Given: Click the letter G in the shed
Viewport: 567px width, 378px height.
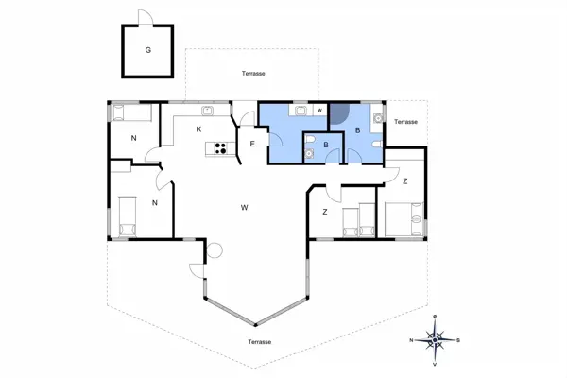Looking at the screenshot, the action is pyautogui.click(x=148, y=50).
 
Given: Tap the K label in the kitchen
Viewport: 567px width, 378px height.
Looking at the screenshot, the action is pyautogui.click(x=198, y=129).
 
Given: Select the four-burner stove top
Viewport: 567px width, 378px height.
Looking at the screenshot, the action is pyautogui.click(x=221, y=148).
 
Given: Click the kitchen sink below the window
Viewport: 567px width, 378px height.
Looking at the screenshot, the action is pyautogui.click(x=207, y=111).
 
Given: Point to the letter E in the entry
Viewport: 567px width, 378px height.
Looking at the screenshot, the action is pyautogui.click(x=252, y=144).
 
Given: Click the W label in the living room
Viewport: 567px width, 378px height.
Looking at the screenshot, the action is pyautogui.click(x=245, y=207).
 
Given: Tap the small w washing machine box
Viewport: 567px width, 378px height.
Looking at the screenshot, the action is pyautogui.click(x=319, y=110).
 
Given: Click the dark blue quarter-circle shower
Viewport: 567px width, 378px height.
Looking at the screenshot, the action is pyautogui.click(x=339, y=112).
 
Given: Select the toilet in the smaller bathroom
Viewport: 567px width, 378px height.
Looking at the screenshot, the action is pyautogui.click(x=308, y=139).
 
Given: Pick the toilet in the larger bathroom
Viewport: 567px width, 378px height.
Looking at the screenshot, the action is pyautogui.click(x=377, y=145).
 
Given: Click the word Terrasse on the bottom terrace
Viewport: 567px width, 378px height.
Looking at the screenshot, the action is pyautogui.click(x=260, y=342).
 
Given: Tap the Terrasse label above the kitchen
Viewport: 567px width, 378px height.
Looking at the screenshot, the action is pyautogui.click(x=253, y=74).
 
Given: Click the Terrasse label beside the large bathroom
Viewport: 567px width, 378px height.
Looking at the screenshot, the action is pyautogui.click(x=405, y=122).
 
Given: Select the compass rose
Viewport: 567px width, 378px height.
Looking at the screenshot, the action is pyautogui.click(x=435, y=340).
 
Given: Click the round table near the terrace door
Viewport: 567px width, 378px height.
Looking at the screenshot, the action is pyautogui.click(x=215, y=250).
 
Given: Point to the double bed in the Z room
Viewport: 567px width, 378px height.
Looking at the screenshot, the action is pyautogui.click(x=404, y=219).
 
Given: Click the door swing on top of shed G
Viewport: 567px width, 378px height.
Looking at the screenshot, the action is pyautogui.click(x=145, y=17).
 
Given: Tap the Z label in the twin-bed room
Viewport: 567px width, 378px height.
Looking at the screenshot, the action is pyautogui.click(x=325, y=212).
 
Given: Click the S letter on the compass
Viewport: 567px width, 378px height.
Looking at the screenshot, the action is pyautogui.click(x=458, y=340).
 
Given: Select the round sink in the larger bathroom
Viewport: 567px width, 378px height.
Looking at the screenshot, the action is pyautogui.click(x=378, y=118).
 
